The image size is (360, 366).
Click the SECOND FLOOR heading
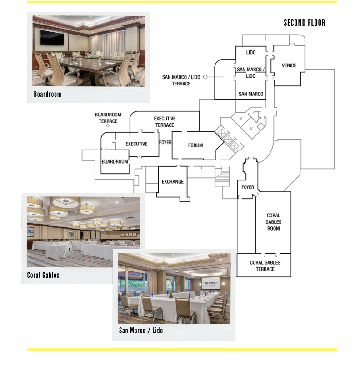304,23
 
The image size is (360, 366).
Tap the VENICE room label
289,65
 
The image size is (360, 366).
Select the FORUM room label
195,145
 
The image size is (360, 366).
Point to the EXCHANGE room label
173,181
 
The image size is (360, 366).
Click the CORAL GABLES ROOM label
274,222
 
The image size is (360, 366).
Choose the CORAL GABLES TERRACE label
265,266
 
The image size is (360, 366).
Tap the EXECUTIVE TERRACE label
165,122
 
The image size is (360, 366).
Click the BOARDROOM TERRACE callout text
108,118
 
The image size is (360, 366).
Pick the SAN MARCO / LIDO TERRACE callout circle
205,77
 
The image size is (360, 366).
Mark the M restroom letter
241,118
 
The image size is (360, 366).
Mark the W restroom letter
251,128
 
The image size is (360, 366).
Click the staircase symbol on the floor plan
222,177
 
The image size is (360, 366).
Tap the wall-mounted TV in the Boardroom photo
52,38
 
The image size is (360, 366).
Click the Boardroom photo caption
48,94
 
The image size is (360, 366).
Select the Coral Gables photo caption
43,275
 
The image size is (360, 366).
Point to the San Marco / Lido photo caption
141,330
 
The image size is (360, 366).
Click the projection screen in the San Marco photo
210,283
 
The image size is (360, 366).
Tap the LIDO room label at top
251,53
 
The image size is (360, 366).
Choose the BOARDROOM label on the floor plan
115,161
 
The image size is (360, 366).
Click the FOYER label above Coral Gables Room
248,187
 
